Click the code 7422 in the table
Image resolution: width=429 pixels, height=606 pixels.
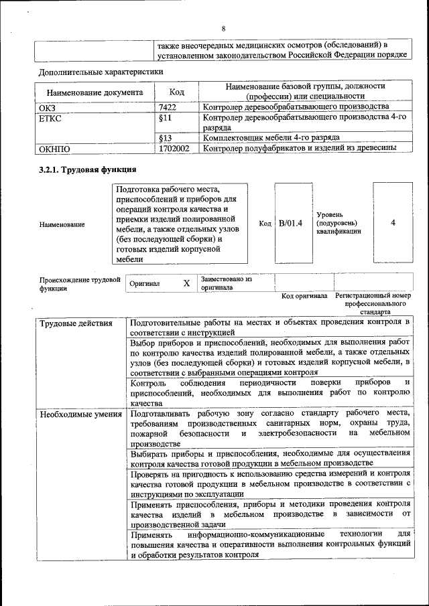(168, 107)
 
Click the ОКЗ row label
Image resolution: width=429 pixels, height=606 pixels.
(50, 107)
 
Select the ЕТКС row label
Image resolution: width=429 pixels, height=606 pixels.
(52, 117)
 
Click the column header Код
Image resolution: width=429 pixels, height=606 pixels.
(177, 92)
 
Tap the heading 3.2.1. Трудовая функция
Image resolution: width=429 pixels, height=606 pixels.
(88, 169)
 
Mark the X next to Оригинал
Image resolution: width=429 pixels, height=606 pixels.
(186, 283)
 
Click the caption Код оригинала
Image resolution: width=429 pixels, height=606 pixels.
(304, 295)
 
